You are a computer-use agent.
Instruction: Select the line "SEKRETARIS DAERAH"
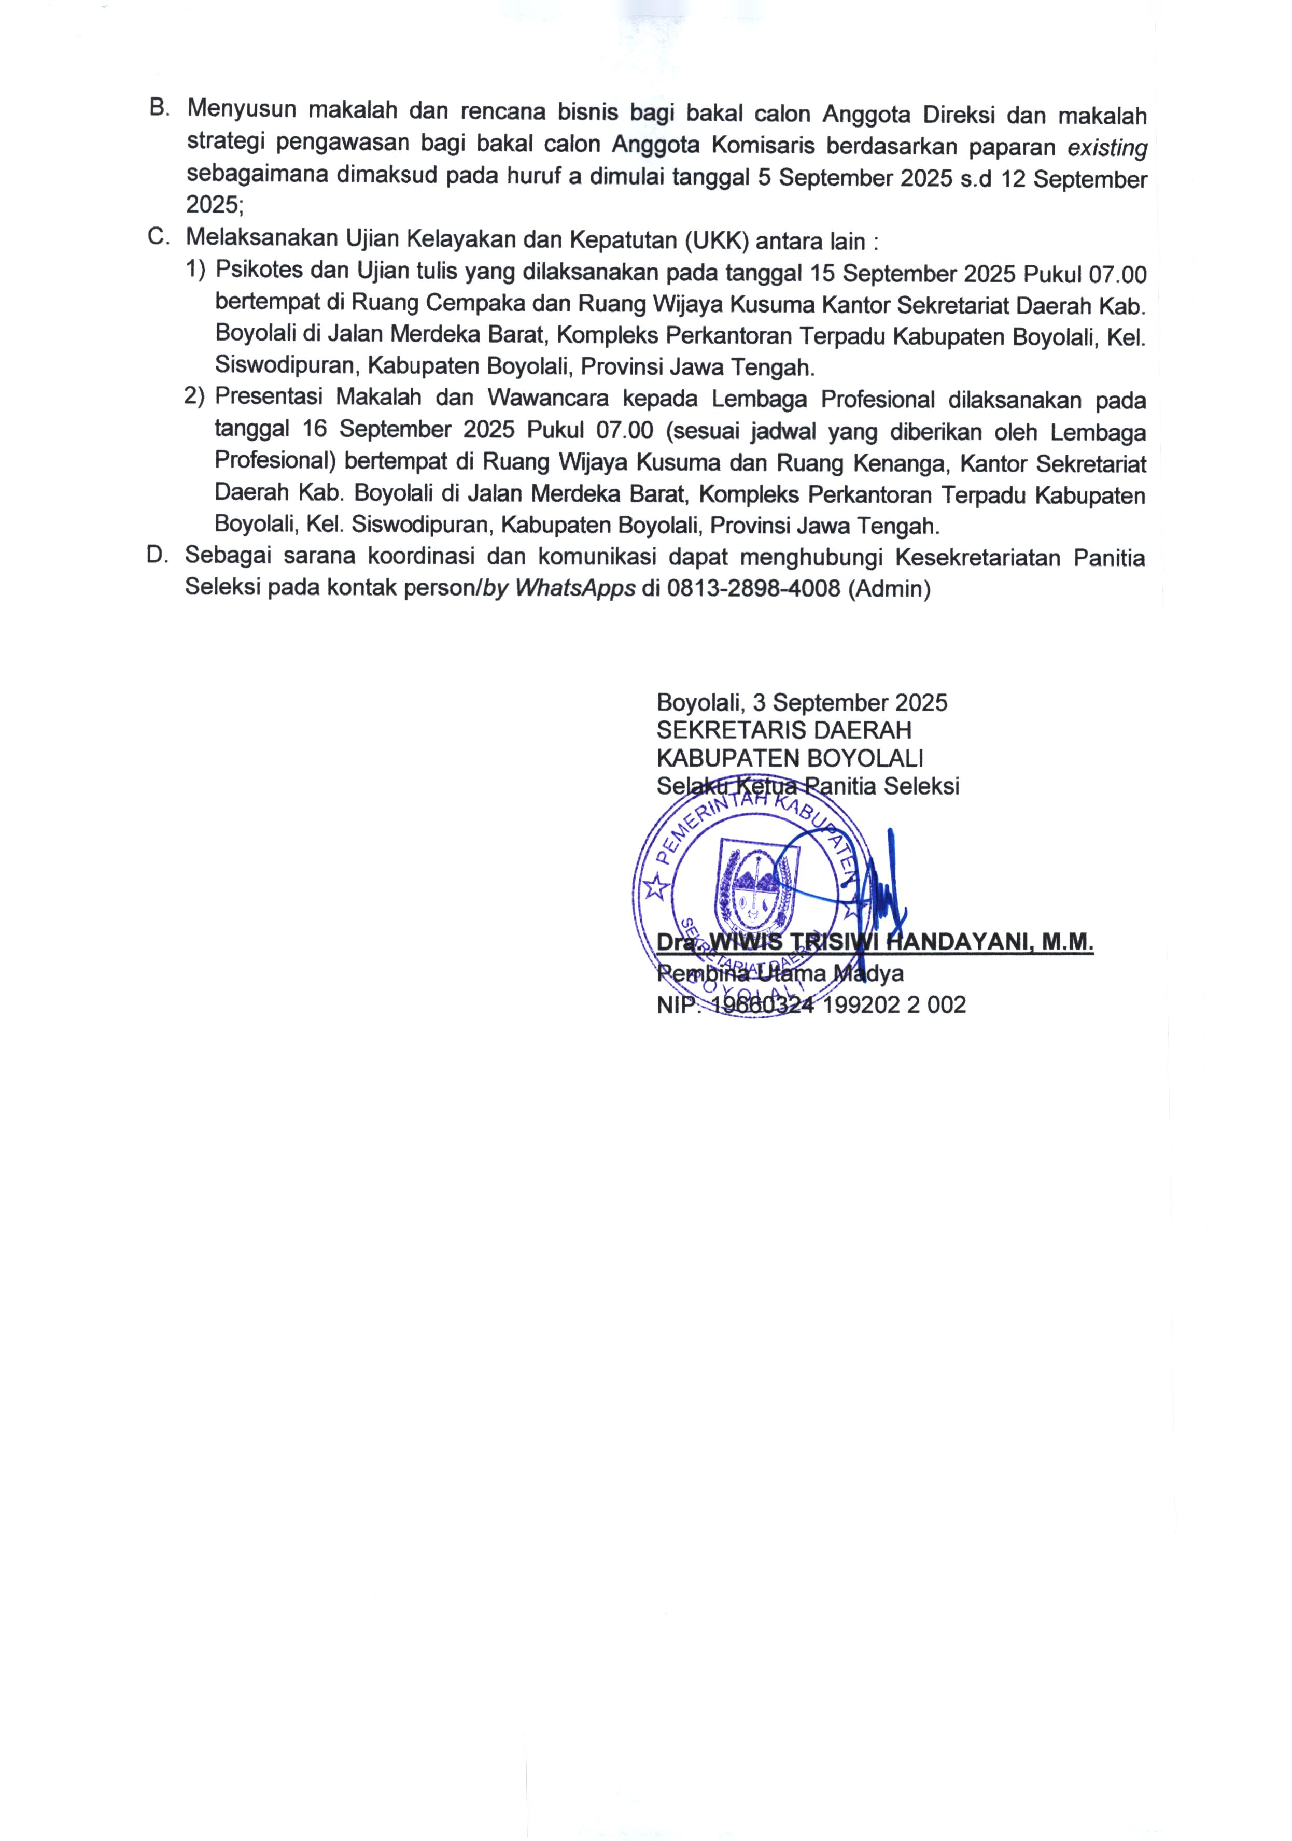pos(783,730)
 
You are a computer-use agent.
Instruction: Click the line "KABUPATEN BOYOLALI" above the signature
pos(789,758)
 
